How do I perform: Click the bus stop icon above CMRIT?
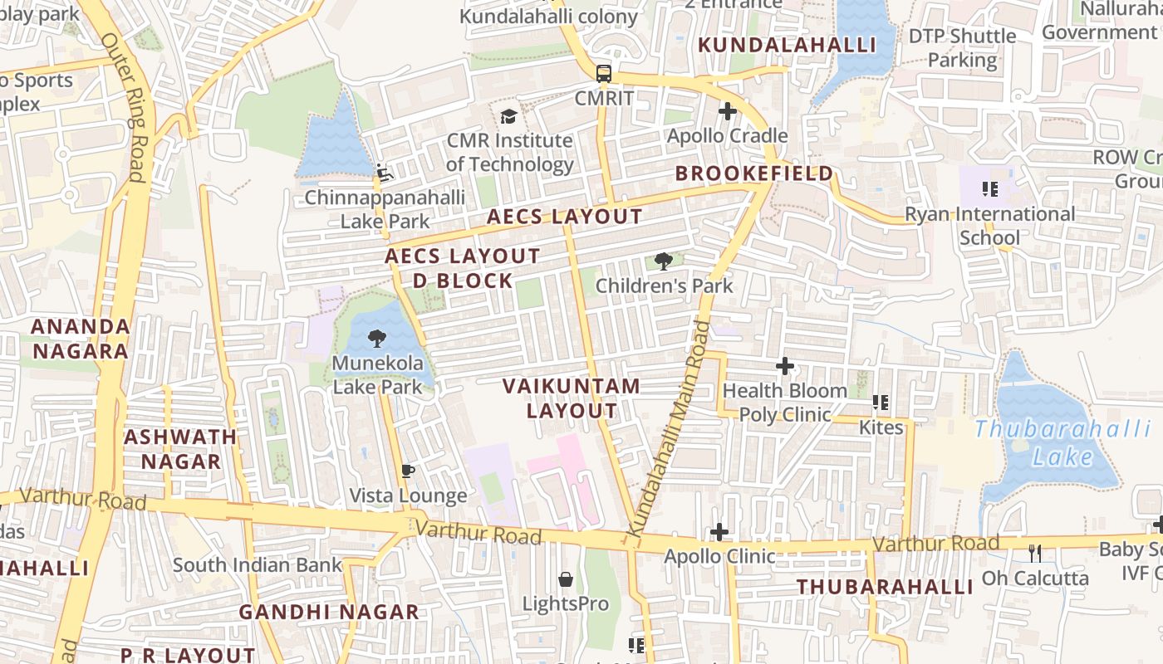point(604,73)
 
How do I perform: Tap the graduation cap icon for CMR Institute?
point(508,116)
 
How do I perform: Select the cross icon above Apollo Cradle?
point(728,110)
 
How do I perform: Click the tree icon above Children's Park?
point(663,261)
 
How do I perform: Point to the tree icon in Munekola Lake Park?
point(377,338)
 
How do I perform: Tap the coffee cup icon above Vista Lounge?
point(407,471)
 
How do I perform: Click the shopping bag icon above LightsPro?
point(566,579)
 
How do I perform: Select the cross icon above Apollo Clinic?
point(719,531)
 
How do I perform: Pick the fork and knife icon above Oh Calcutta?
point(1035,552)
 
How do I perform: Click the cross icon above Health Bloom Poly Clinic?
point(784,365)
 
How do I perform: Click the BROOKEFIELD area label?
point(753,173)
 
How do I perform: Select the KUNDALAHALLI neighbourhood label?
point(788,45)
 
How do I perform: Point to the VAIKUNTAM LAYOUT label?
point(572,398)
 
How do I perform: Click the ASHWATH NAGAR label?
point(180,449)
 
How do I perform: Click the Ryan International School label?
point(989,226)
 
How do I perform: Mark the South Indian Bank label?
point(257,565)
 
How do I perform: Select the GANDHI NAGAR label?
point(329,613)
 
